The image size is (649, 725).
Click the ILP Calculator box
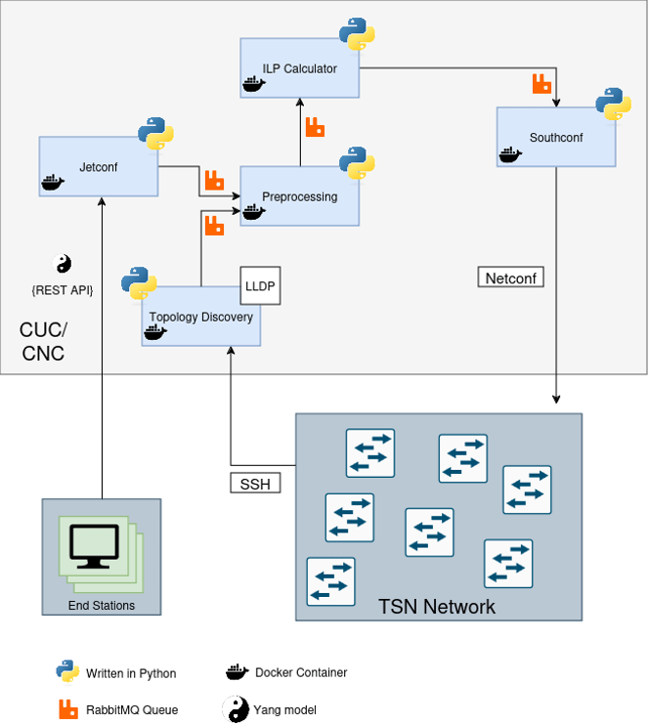click(300, 68)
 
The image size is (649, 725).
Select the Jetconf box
click(98, 167)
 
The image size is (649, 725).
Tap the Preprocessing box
click(299, 196)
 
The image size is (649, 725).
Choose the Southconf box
click(556, 138)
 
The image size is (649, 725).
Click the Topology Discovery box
click(200, 317)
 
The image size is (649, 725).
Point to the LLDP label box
click(260, 286)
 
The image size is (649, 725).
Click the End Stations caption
click(101, 606)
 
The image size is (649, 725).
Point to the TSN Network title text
click(437, 607)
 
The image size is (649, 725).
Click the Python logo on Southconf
click(613, 105)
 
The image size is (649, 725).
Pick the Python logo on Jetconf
click(155, 133)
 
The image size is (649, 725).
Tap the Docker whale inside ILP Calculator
click(254, 84)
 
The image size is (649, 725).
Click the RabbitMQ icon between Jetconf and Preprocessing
click(214, 180)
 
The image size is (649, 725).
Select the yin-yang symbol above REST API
click(62, 263)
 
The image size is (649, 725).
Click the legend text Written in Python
click(131, 673)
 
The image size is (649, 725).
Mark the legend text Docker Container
click(301, 672)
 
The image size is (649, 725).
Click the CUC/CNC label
click(43, 340)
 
